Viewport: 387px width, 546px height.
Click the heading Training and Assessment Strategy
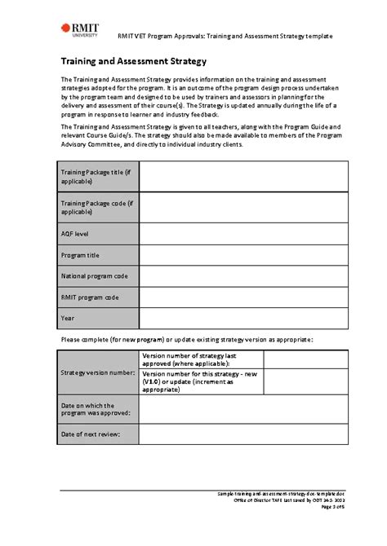point(133,61)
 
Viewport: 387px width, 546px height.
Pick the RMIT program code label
point(90,297)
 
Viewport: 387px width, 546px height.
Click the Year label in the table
point(68,318)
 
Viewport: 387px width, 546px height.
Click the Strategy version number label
point(98,372)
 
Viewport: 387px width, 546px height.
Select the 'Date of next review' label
point(91,434)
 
